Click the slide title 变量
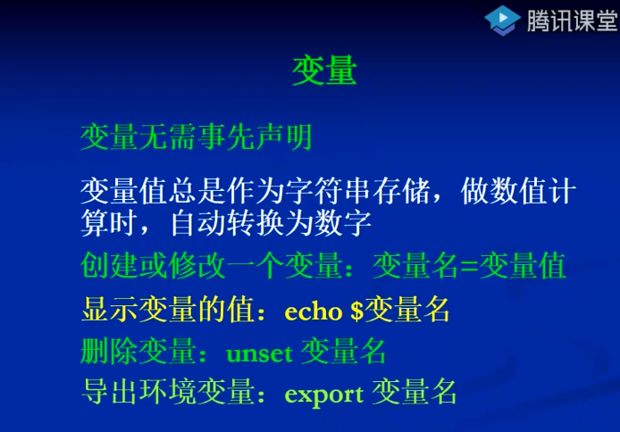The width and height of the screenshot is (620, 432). pyautogui.click(x=324, y=71)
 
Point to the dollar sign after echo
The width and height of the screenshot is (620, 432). pyautogui.click(x=357, y=311)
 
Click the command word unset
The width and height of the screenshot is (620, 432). pyautogui.click(x=260, y=353)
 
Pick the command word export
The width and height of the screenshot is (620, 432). pyautogui.click(x=324, y=394)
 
